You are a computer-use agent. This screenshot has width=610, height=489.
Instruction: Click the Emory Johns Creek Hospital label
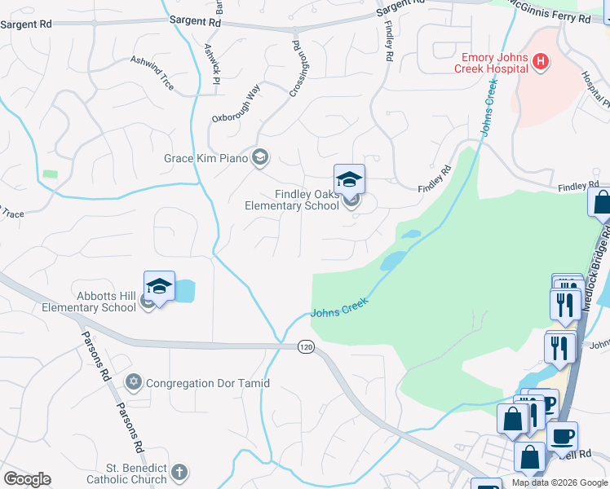click(x=492, y=63)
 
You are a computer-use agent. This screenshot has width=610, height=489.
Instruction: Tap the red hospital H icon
click(x=539, y=61)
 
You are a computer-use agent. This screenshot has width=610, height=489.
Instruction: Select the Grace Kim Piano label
click(x=206, y=157)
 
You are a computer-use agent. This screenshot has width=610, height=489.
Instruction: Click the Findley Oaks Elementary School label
click(x=292, y=200)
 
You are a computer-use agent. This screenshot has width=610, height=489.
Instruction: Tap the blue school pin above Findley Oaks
click(x=349, y=178)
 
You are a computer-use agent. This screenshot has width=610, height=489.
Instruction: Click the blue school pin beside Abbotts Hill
click(x=159, y=286)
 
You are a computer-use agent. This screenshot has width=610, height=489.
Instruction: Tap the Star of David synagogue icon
click(x=135, y=381)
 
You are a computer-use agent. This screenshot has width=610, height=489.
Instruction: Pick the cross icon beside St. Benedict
click(x=179, y=472)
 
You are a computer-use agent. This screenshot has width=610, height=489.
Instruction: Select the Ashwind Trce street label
click(x=152, y=73)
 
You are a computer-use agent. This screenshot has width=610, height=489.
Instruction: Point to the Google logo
click(x=27, y=479)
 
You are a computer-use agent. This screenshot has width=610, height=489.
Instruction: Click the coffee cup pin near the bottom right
click(x=562, y=436)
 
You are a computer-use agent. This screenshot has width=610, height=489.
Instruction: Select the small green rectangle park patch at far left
click(x=51, y=174)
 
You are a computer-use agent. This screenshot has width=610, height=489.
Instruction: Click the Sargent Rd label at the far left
click(x=26, y=24)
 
